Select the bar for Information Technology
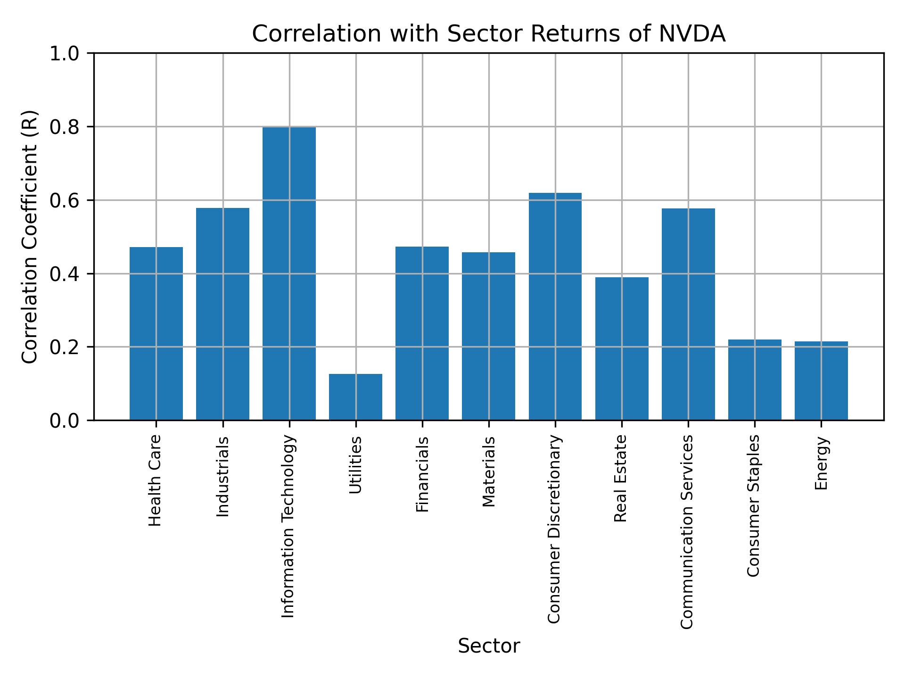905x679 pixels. click(x=289, y=273)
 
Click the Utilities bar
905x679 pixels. click(x=355, y=397)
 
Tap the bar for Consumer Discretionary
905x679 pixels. click(x=555, y=306)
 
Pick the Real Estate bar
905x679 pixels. click(x=621, y=348)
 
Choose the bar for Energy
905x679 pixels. click(x=821, y=381)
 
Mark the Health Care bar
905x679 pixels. click(x=156, y=333)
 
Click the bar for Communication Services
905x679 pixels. click(x=688, y=314)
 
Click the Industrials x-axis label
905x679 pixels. click(x=222, y=476)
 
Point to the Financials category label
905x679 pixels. click(x=422, y=474)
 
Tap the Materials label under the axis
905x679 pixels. click(x=489, y=472)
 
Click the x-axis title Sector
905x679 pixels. click(x=489, y=646)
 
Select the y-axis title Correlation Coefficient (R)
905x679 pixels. click(x=30, y=237)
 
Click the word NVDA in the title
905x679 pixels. click(x=691, y=34)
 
